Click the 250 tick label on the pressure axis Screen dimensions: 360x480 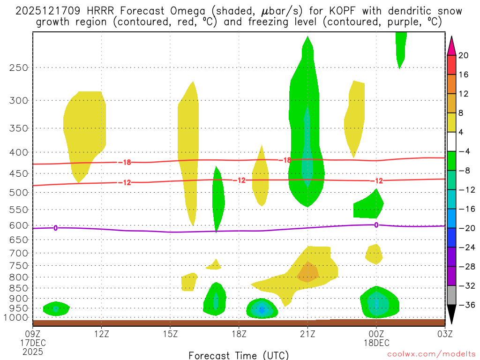click(19, 67)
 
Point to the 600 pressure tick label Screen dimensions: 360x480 click(19, 225)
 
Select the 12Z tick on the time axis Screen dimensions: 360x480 click(101, 334)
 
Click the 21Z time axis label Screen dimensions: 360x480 click(307, 334)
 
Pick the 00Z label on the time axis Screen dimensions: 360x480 click(376, 334)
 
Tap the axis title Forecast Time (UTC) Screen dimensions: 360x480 click(239, 355)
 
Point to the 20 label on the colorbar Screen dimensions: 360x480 click(464, 55)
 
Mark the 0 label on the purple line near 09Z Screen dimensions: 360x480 click(55, 228)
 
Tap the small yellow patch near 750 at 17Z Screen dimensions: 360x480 click(215, 265)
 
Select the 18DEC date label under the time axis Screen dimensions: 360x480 click(376, 343)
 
